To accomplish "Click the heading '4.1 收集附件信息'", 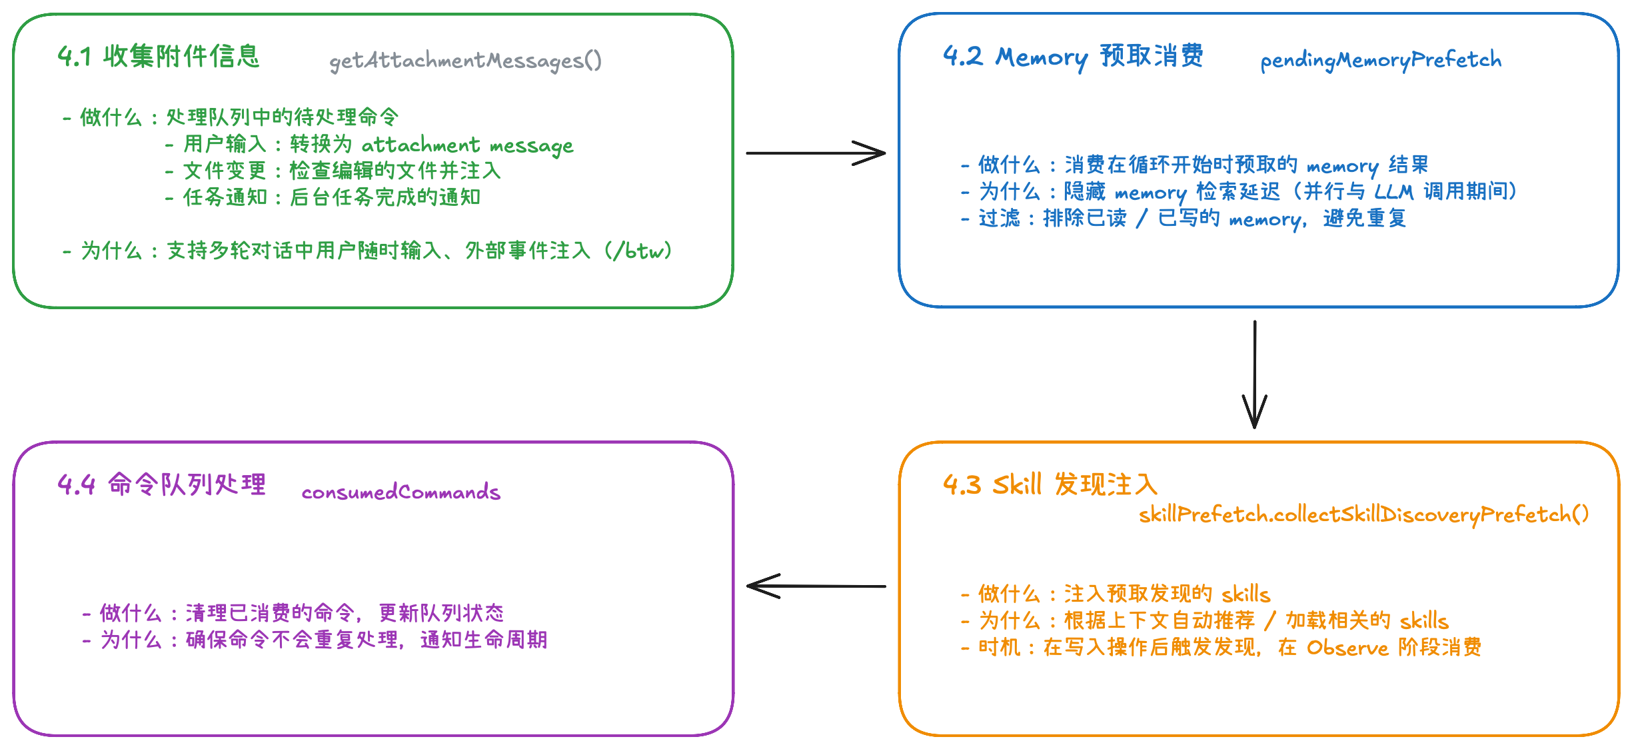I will coord(158,57).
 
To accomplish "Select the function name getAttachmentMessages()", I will coord(465,61).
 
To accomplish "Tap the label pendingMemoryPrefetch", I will coord(1381,60).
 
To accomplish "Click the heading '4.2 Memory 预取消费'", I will coord(1073,57).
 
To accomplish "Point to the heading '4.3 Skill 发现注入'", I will coord(1050,484).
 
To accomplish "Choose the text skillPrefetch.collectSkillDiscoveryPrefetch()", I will coord(1363,514).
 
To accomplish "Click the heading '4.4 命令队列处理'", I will coord(161,484).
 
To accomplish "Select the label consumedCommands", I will coord(401,492).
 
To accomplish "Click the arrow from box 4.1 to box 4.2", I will coord(816,153).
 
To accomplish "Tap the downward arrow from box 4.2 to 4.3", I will coord(1254,374).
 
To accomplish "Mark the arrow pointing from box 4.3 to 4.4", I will coord(816,586).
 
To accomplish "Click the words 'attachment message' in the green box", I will coord(467,145).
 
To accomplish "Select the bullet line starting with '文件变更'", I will coord(333,171).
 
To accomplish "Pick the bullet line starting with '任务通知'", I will coord(323,197).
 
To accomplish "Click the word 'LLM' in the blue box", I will coord(1393,192).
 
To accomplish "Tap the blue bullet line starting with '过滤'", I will coord(1184,219).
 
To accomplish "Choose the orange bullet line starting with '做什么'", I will coord(1116,594).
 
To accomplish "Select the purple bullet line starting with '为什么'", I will coord(315,640).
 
